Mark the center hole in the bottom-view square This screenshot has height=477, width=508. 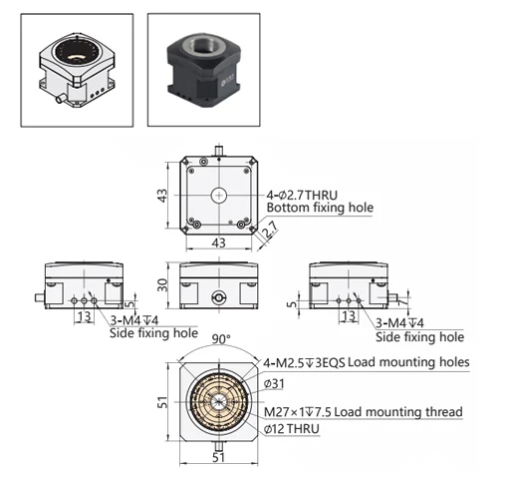[x=218, y=193]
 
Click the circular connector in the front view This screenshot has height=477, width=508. [x=219, y=296]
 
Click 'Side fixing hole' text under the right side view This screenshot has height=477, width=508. [x=425, y=336]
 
